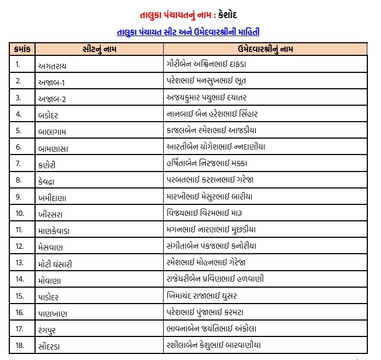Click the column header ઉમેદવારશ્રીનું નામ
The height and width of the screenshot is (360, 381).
pos(265,49)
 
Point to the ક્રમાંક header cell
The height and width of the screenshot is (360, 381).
pos(24,49)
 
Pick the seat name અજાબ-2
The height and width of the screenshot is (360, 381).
pos(56,98)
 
